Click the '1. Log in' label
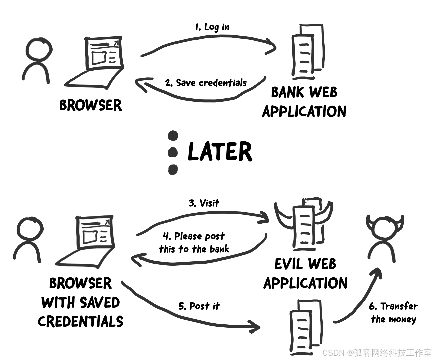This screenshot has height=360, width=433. (x=212, y=27)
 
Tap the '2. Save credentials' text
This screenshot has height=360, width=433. (x=206, y=83)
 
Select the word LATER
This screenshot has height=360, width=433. (x=220, y=152)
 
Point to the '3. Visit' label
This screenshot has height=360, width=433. (x=204, y=203)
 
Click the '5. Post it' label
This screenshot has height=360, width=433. (x=199, y=306)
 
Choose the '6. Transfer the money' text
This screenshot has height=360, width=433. (x=393, y=313)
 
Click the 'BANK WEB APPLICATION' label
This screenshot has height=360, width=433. (x=304, y=102)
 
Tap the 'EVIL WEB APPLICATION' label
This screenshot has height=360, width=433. (x=305, y=273)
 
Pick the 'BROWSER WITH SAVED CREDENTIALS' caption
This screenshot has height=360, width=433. (x=80, y=302)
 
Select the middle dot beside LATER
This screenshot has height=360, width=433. (x=173, y=152)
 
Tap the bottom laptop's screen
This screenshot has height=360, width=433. (x=95, y=233)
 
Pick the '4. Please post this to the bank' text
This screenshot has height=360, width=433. (x=194, y=243)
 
